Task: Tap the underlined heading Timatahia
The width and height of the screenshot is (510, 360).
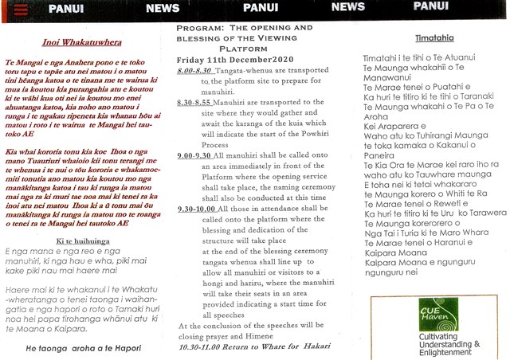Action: [434, 37]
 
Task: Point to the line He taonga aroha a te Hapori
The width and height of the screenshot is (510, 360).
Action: [84, 348]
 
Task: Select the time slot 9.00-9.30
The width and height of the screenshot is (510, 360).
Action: [196, 154]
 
